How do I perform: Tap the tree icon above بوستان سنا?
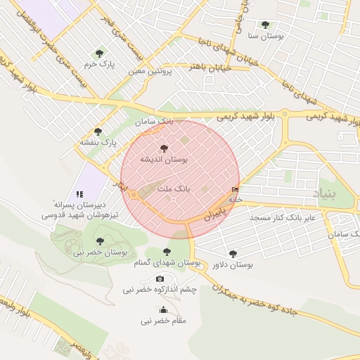coord(265,25)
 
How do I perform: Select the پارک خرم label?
coord(99,64)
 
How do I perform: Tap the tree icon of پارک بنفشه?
coord(98,131)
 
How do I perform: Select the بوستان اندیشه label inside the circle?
coord(164,160)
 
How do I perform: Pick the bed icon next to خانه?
coord(234,189)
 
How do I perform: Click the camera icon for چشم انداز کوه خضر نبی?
coord(160,279)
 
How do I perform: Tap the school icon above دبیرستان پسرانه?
coord(79,193)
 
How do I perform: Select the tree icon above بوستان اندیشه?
coord(164,148)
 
